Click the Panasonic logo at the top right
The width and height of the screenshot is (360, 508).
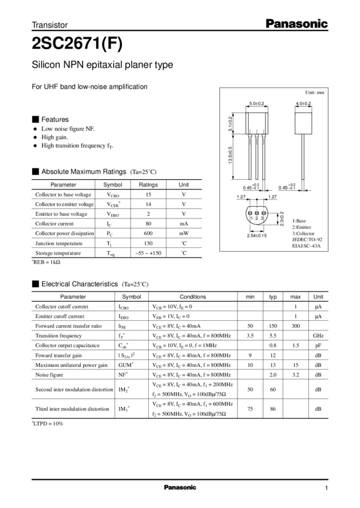tap(297, 25)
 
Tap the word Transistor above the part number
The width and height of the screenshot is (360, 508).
tap(50, 25)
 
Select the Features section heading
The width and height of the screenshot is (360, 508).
tap(55, 118)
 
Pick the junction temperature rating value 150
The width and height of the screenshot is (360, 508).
tap(148, 243)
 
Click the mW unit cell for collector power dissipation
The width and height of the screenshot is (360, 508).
tap(185, 234)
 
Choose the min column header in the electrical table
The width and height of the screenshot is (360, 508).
tap(250, 296)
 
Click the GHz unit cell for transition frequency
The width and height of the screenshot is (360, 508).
tap(318, 335)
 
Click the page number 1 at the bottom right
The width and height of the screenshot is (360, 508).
tap(327, 488)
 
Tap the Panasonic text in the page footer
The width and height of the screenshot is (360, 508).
tap(180, 488)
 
